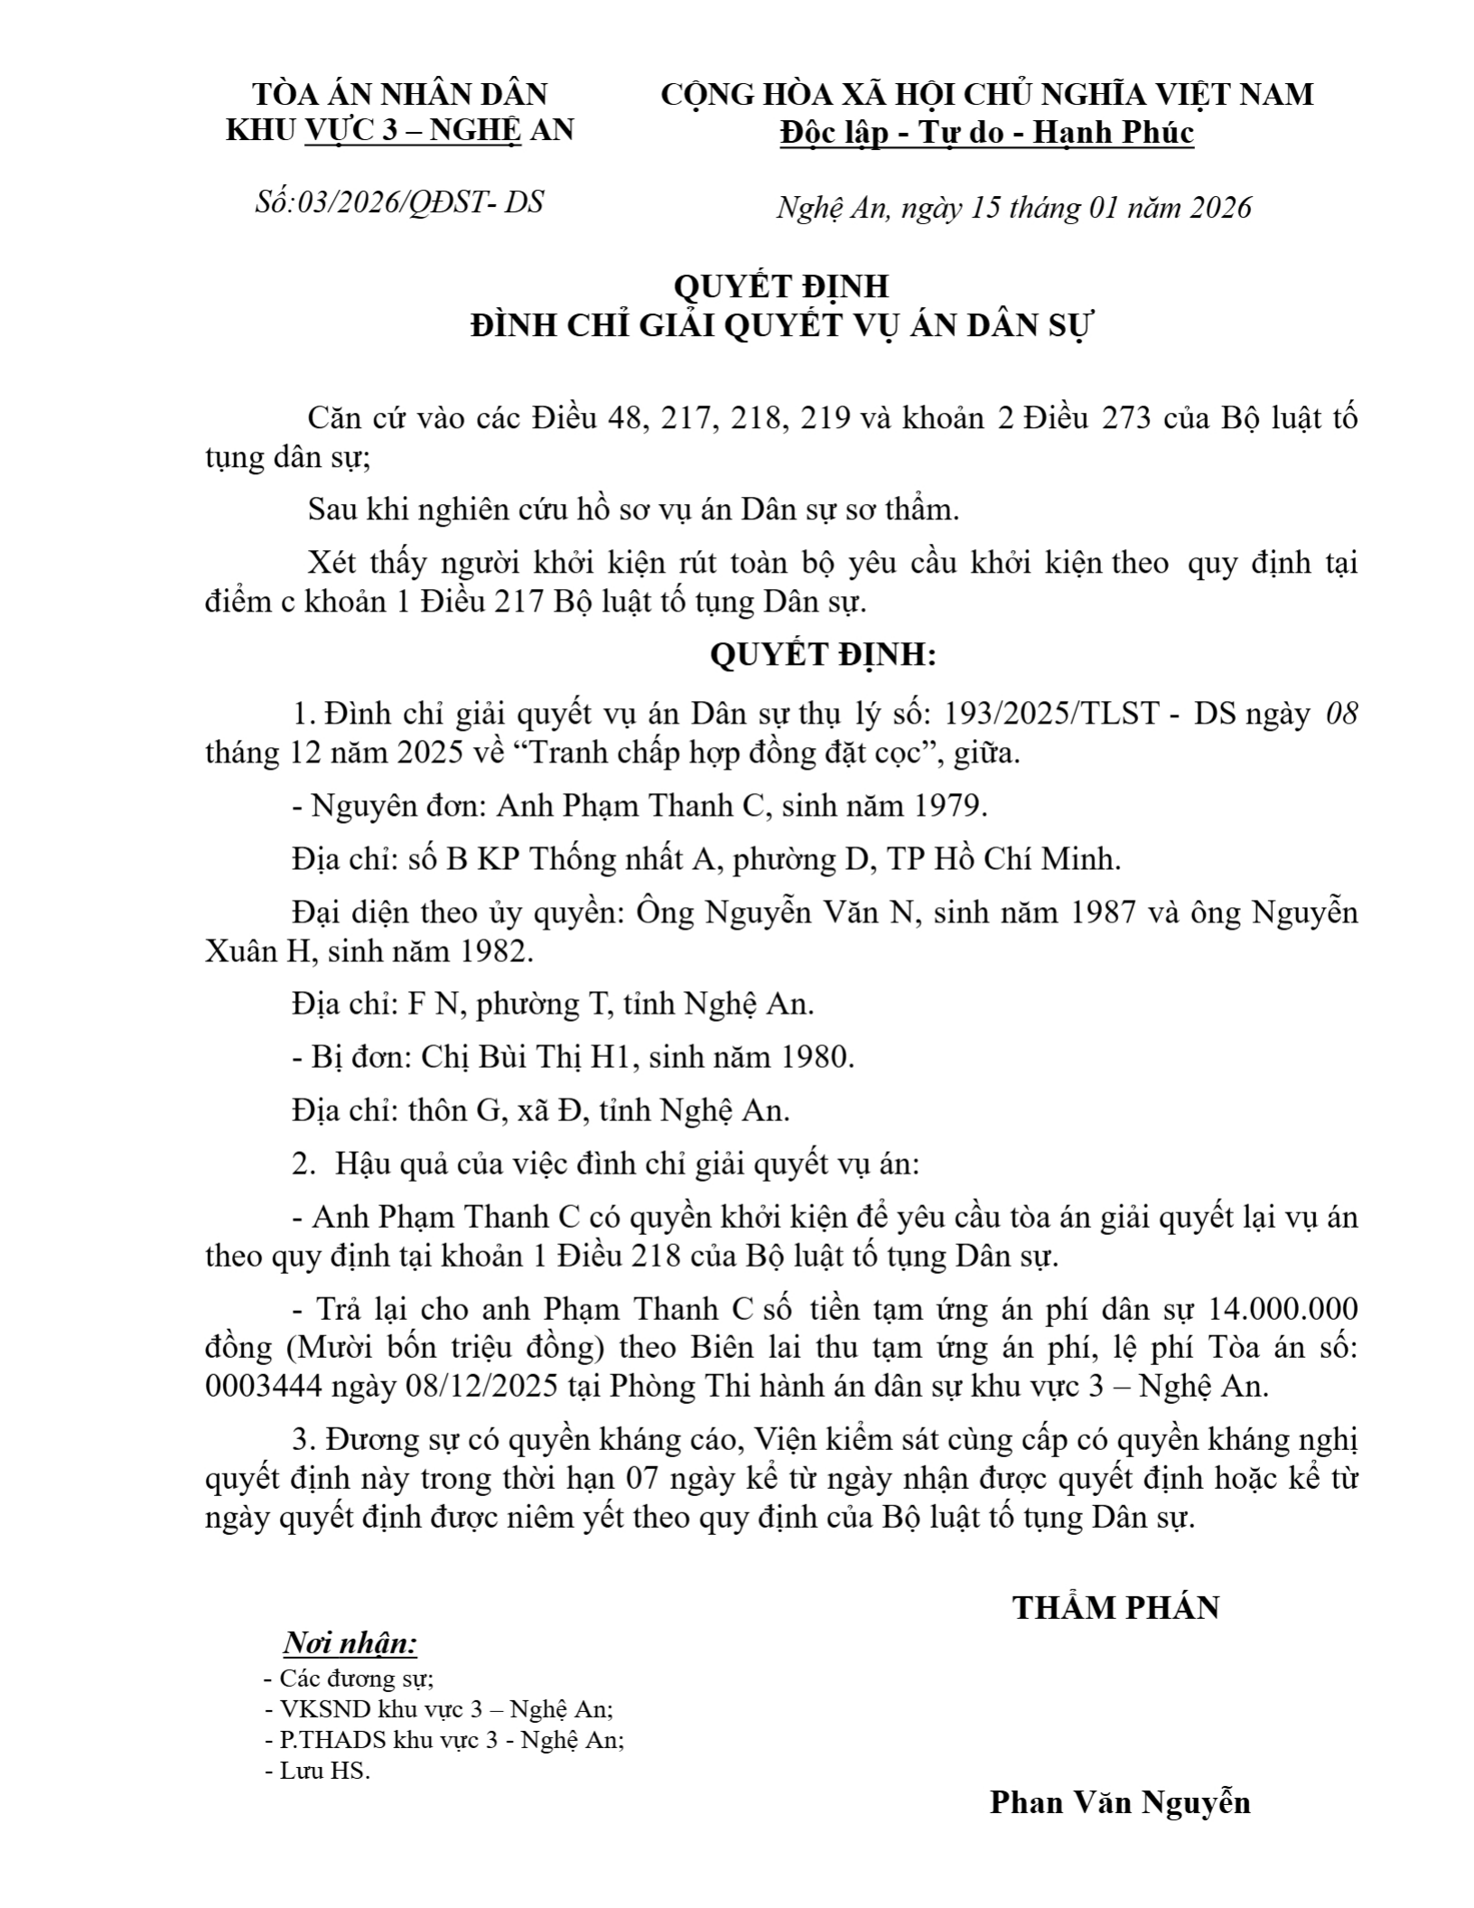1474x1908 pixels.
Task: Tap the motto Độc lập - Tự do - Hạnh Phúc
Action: [x=987, y=133]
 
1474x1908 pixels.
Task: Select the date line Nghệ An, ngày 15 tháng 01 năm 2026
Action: [x=1013, y=208]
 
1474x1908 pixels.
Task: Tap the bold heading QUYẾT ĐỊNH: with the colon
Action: [x=823, y=655]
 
